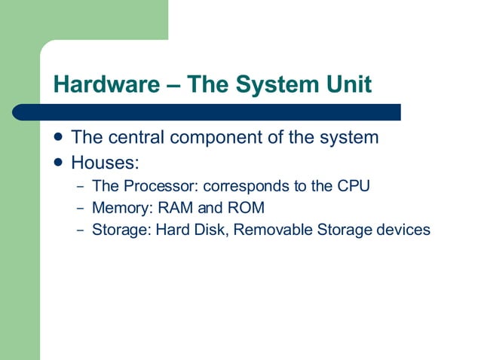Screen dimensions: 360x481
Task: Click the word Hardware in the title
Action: (x=101, y=84)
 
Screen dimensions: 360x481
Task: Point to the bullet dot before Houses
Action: (x=59, y=161)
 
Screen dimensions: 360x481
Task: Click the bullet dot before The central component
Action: (x=59, y=138)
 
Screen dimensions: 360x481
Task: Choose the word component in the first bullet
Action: (x=219, y=139)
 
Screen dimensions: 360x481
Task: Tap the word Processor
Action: (x=158, y=185)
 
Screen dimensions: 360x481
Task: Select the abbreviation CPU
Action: (x=353, y=185)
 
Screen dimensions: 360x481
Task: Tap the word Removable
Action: (x=271, y=229)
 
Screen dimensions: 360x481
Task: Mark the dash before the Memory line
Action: (x=80, y=208)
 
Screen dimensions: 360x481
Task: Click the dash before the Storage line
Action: (x=80, y=230)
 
